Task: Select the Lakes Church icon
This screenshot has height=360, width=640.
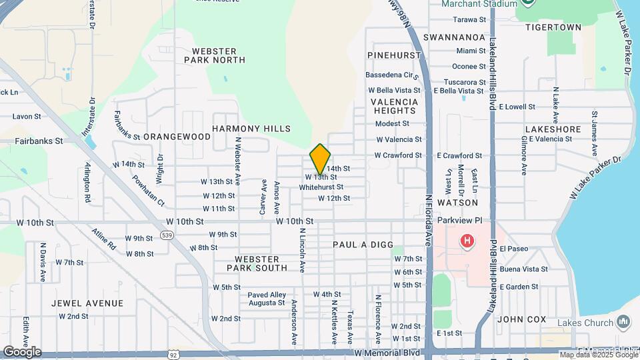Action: (x=623, y=323)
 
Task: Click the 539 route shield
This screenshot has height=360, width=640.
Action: (x=167, y=235)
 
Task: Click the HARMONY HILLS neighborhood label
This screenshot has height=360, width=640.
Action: (x=251, y=128)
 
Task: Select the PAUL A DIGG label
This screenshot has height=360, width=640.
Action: (x=363, y=245)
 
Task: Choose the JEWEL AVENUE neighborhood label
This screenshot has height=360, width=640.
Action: (x=87, y=303)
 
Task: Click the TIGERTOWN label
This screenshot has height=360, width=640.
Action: (x=553, y=27)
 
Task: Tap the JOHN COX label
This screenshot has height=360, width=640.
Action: (x=521, y=319)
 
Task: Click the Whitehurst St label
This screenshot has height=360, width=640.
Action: (x=321, y=187)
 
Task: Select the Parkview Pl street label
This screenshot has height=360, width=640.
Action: (x=459, y=220)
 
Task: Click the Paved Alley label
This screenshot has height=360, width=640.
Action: (x=266, y=295)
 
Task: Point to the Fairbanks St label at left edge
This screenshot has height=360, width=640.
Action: (x=39, y=141)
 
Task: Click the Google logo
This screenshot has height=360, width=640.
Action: (x=21, y=351)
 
